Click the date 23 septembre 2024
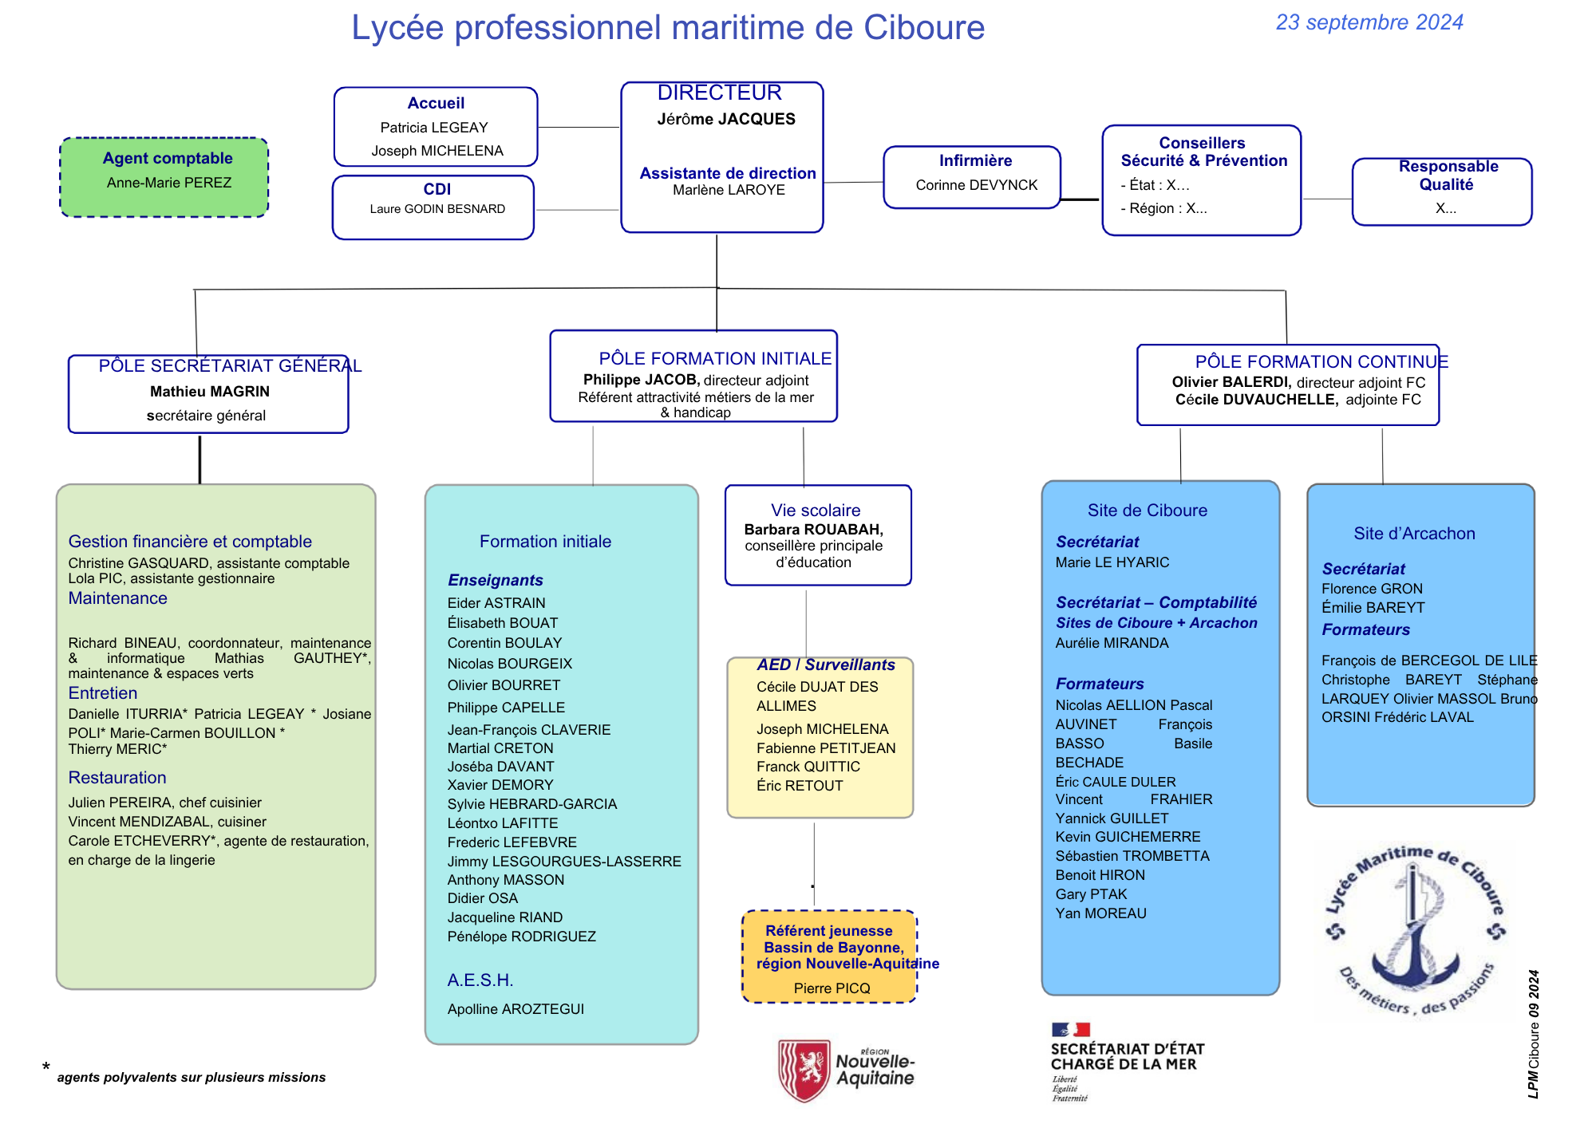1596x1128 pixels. pyautogui.click(x=1369, y=22)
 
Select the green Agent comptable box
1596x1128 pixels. pyautogui.click(x=164, y=177)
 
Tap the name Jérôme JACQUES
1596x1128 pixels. pyautogui.click(x=726, y=119)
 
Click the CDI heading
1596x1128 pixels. pyautogui.click(x=437, y=189)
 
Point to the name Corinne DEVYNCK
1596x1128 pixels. pyautogui.click(x=977, y=185)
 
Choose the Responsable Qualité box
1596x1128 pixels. pyautogui.click(x=1442, y=191)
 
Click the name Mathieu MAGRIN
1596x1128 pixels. pyautogui.click(x=210, y=392)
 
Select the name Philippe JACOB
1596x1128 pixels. pyautogui.click(x=641, y=380)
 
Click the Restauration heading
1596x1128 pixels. pyautogui.click(x=117, y=778)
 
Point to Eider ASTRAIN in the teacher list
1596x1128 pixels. pyautogui.click(x=496, y=603)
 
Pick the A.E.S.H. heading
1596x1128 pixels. pyautogui.click(x=480, y=980)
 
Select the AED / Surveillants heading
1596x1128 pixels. pyautogui.click(x=826, y=665)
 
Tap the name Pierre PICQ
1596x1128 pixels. pyautogui.click(x=832, y=988)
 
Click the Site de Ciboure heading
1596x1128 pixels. pyautogui.click(x=1147, y=511)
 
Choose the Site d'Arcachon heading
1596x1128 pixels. pyautogui.click(x=1414, y=534)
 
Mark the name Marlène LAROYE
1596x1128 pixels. pyautogui.click(x=729, y=190)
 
